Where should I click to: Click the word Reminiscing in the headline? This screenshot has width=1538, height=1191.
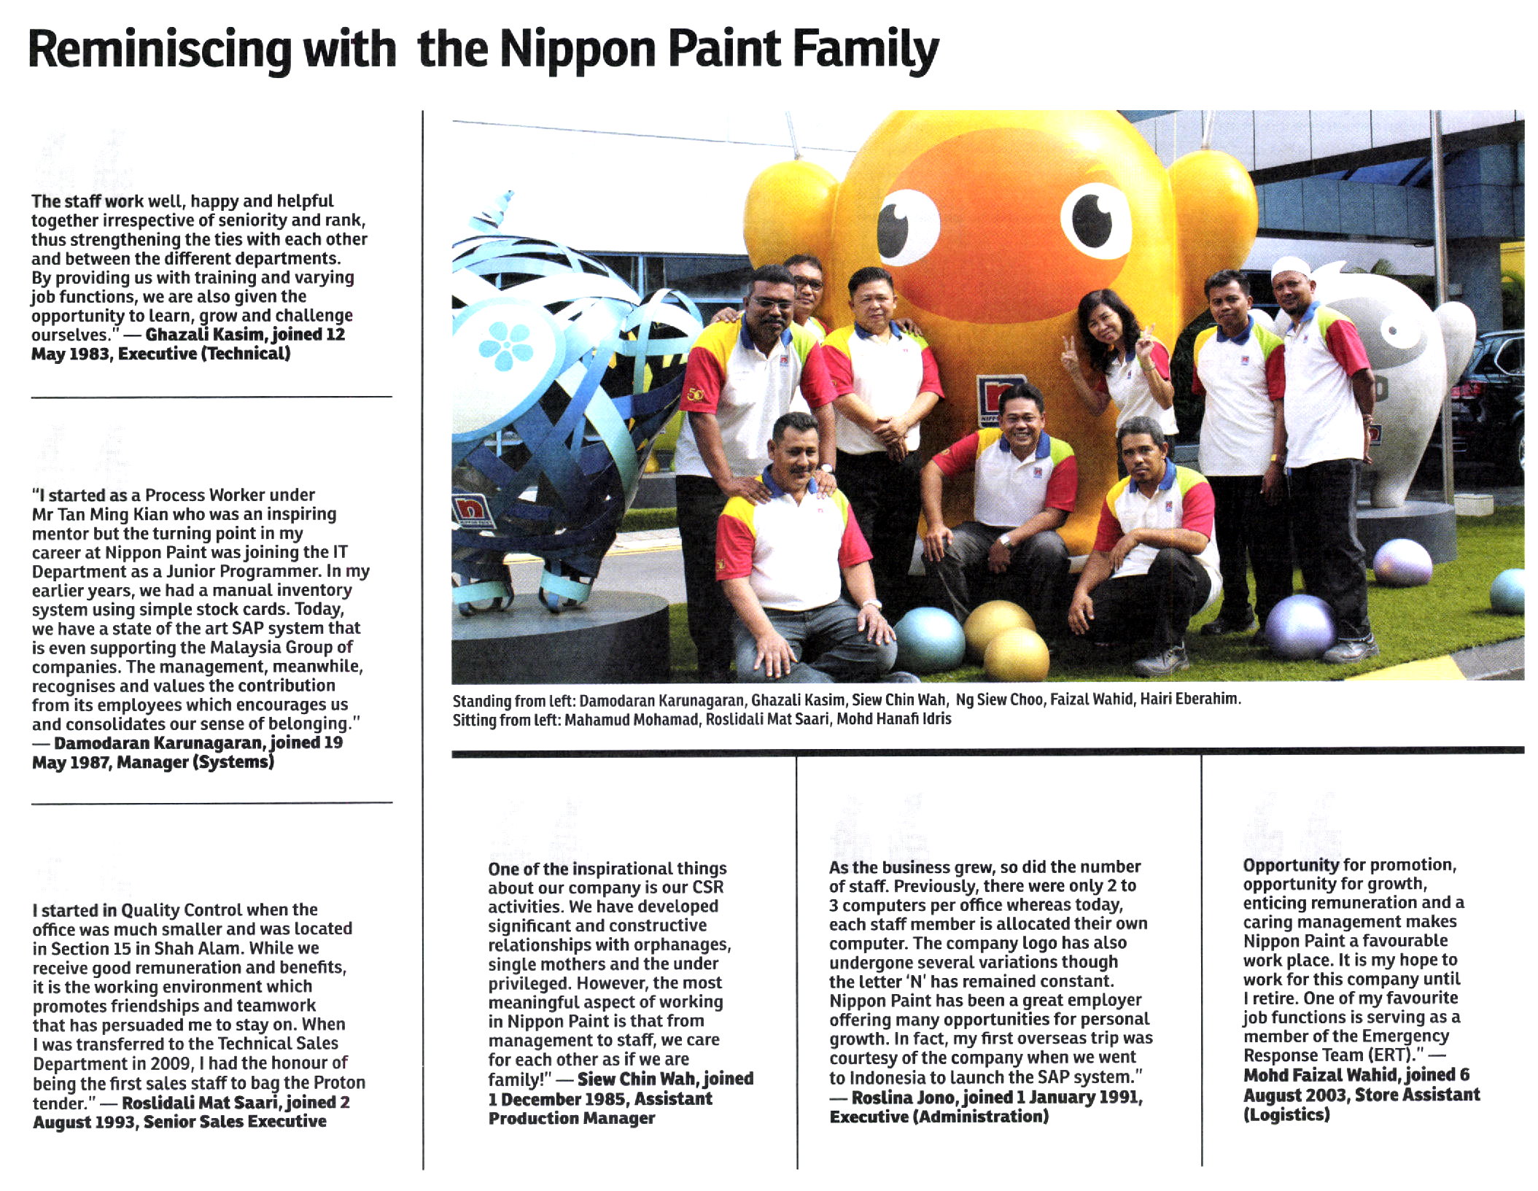coord(160,50)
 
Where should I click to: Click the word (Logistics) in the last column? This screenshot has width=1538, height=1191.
coord(1286,1114)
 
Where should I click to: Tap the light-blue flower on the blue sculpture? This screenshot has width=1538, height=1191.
coord(505,345)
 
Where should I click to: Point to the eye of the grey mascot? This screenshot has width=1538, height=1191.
coord(1394,332)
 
